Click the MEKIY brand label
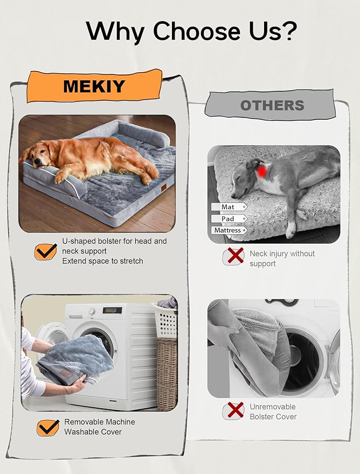tap(94, 86)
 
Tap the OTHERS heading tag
tap(272, 105)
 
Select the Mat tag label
tap(228, 207)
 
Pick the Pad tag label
tap(228, 219)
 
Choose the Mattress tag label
tap(228, 231)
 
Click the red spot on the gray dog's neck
tap(262, 171)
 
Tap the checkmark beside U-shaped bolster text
tap(46, 251)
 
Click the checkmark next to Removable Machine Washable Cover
tap(48, 427)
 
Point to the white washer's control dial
tap(92, 311)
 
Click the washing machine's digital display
tap(112, 311)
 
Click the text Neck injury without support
tap(282, 258)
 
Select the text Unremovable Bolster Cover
tap(273, 411)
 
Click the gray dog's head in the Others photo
tap(245, 175)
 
